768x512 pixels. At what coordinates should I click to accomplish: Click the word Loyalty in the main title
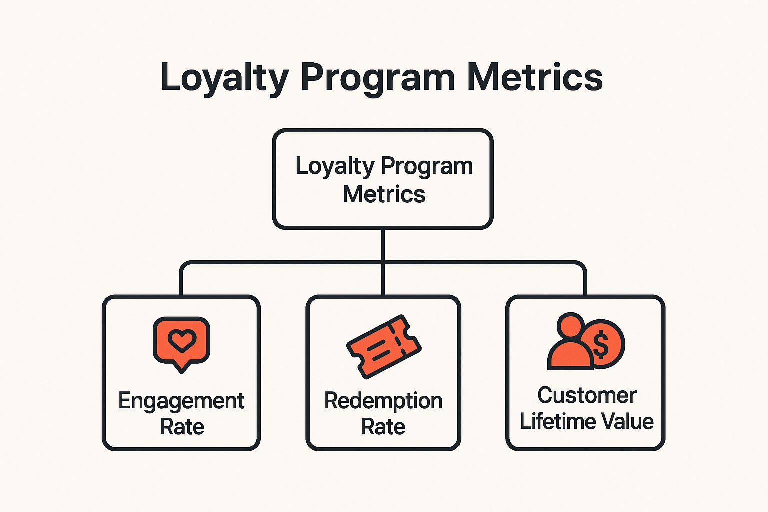(224, 77)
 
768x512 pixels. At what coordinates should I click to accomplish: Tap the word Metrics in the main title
(535, 77)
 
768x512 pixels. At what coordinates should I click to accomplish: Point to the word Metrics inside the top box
(384, 194)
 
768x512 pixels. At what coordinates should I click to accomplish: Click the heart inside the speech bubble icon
(181, 340)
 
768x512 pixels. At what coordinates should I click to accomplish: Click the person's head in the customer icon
(570, 325)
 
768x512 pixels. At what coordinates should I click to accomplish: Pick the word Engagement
(181, 401)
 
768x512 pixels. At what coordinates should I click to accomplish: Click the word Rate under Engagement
(182, 427)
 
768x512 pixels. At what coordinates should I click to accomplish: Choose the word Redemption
(383, 401)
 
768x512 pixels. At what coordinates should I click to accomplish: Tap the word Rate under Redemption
(383, 427)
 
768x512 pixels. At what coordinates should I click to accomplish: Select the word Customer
(587, 395)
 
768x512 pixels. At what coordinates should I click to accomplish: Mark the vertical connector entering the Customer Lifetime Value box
(585, 282)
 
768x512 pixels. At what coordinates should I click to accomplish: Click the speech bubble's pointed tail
(181, 368)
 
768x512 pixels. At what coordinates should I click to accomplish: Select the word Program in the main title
(378, 77)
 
